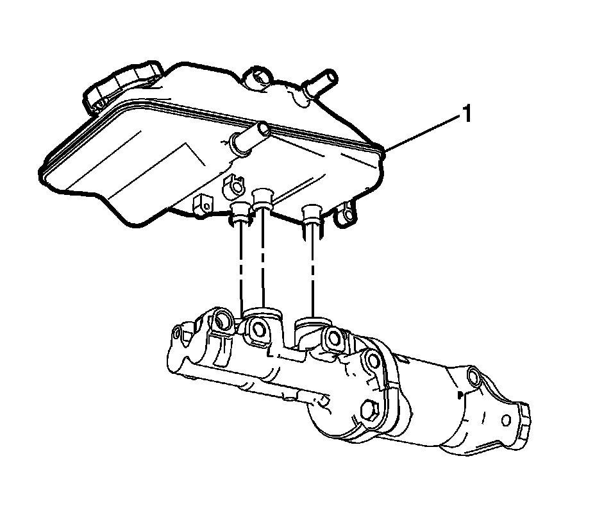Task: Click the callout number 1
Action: tap(467, 114)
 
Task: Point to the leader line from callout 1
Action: tap(421, 133)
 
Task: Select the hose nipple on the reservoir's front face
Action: tap(249, 137)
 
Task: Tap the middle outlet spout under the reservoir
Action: tap(262, 199)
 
